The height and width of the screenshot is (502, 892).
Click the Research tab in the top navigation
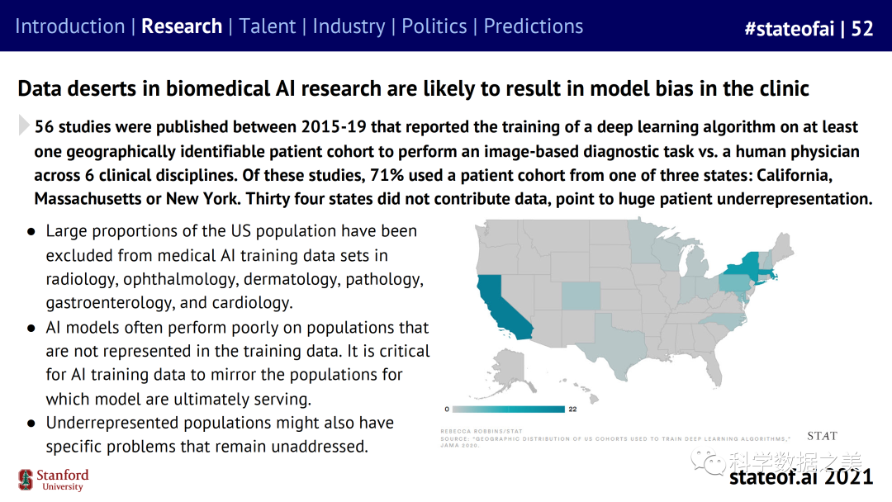182,26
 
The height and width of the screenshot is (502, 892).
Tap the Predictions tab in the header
533,26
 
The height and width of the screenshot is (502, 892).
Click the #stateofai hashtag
788,29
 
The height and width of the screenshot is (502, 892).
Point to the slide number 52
862,29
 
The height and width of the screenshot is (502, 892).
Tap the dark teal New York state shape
743,270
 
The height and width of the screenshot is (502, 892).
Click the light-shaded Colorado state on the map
581,295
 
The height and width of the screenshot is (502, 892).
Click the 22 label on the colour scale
572,409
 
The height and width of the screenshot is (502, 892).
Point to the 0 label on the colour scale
447,409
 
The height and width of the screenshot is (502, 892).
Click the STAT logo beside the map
822,436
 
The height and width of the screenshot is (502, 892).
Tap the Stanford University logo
54,480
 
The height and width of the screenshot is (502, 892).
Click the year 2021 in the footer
848,476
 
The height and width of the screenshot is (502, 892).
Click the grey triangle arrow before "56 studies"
24,126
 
